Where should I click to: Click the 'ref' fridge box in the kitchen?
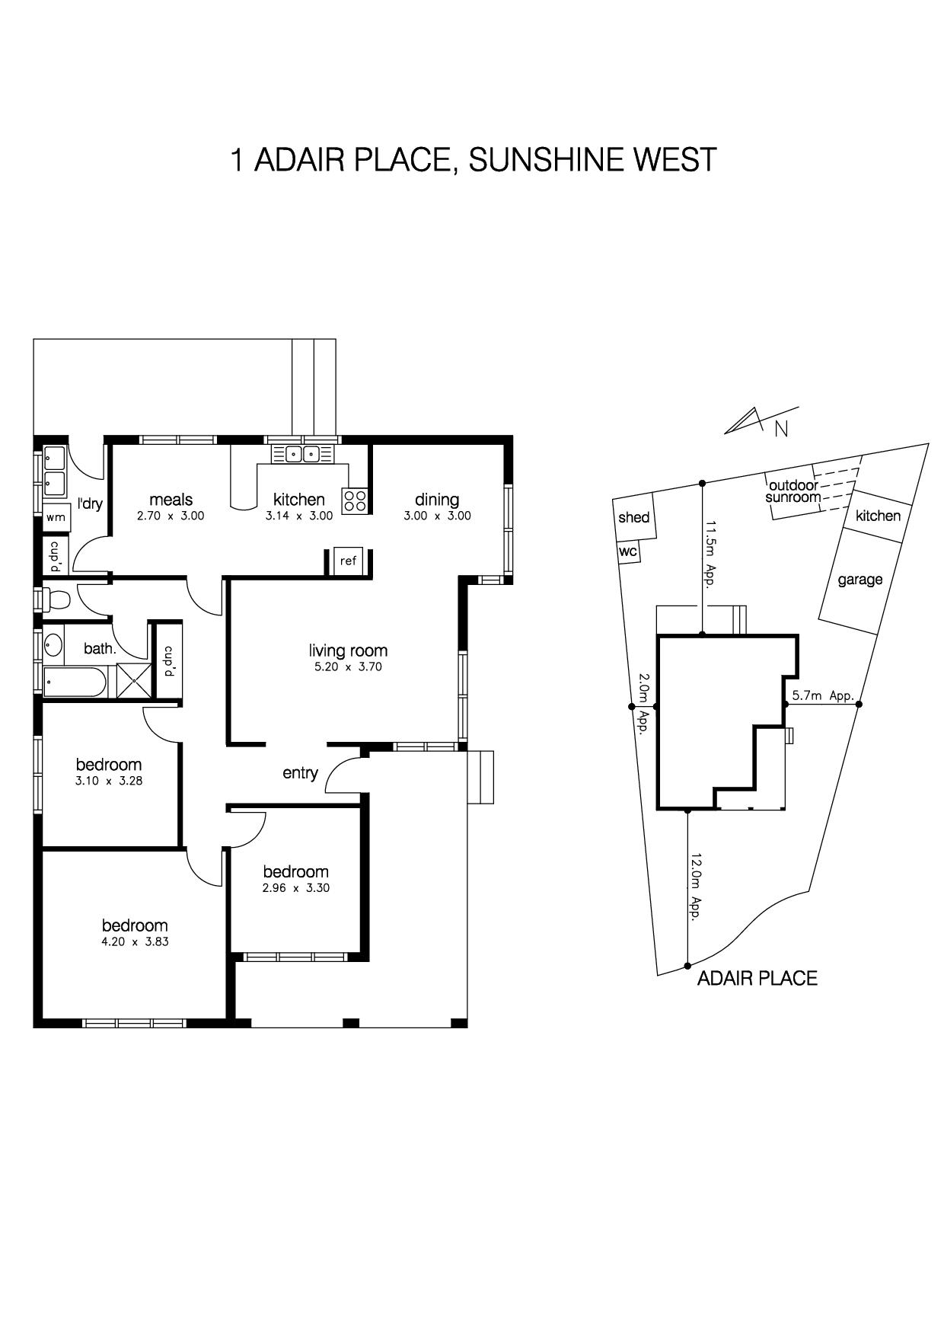click(349, 561)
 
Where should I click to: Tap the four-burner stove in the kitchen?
click(355, 500)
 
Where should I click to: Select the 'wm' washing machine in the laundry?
click(56, 517)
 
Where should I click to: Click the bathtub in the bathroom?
click(74, 682)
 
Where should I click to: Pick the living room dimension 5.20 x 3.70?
click(348, 667)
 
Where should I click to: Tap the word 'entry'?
click(300, 773)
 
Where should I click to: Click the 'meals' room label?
click(171, 500)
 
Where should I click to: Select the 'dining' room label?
click(437, 500)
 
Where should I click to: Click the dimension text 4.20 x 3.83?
click(136, 941)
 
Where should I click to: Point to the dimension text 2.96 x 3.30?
click(296, 888)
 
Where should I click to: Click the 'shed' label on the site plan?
click(634, 518)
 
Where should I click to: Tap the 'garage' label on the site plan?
click(860, 580)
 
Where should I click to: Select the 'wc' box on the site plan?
click(628, 551)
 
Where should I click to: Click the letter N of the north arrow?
click(781, 430)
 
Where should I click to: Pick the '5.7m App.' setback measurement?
click(823, 695)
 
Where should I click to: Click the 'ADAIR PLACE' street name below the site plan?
click(757, 979)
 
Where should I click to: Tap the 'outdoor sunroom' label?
click(794, 491)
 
